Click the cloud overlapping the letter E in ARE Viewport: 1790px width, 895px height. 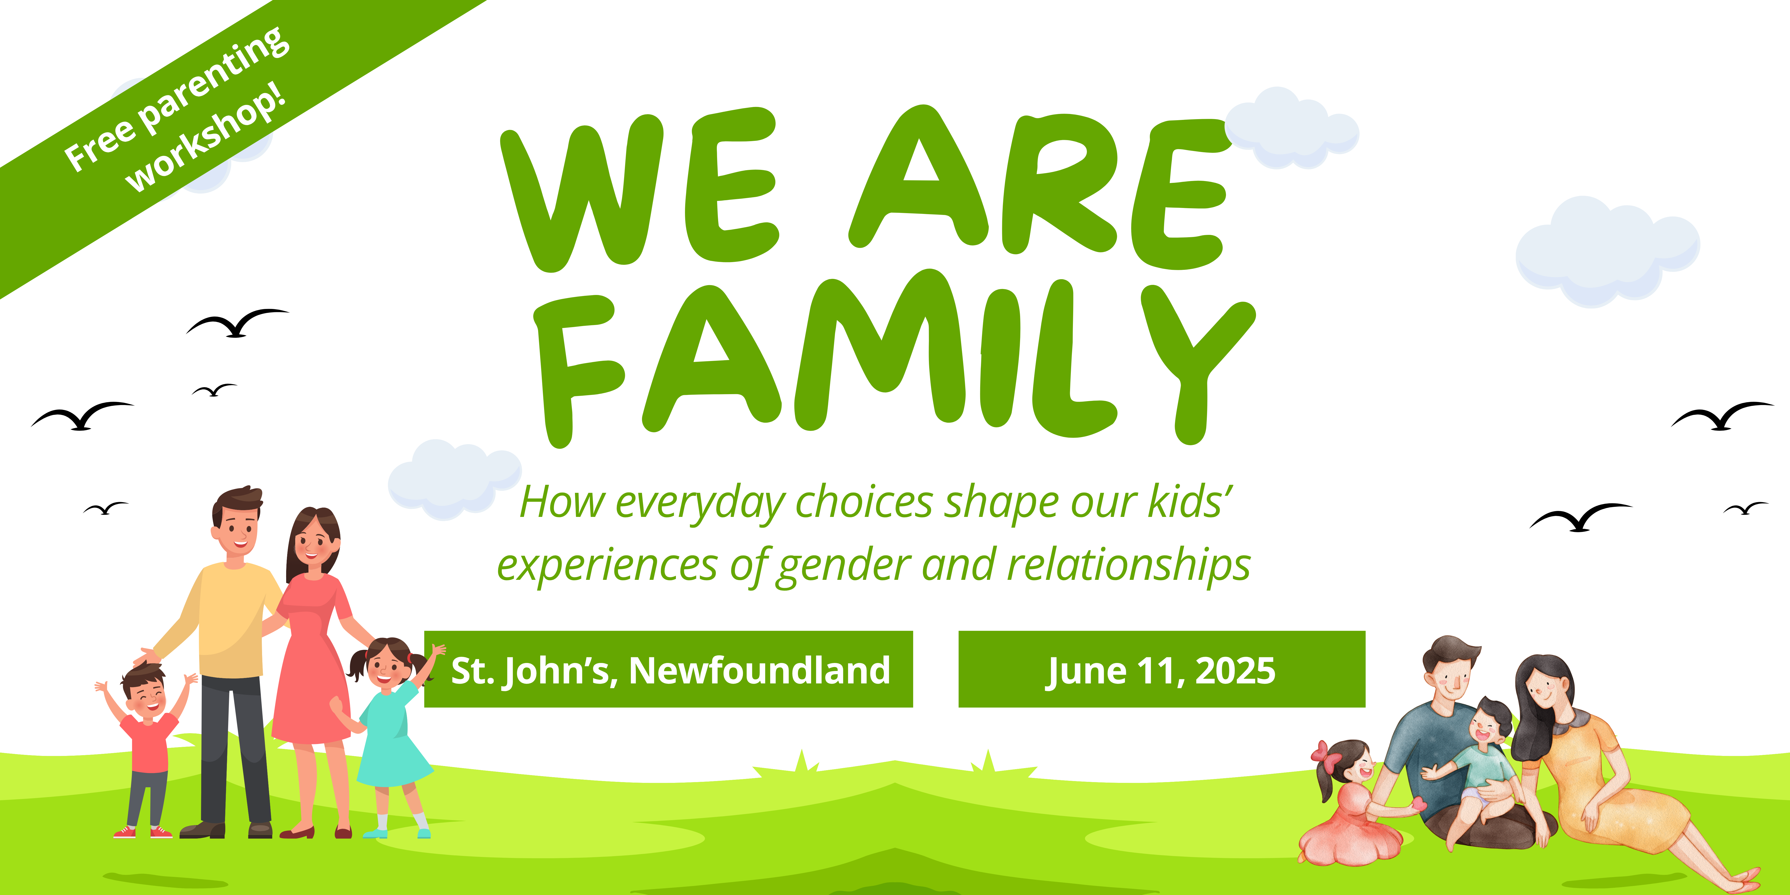click(x=1291, y=128)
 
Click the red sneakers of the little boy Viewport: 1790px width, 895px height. click(x=142, y=832)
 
